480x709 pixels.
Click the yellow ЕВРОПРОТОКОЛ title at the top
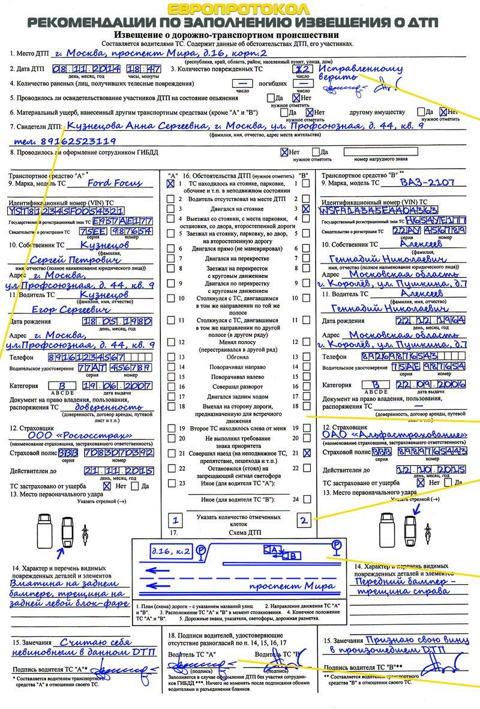[x=238, y=9]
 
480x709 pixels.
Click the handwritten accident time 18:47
[x=143, y=68]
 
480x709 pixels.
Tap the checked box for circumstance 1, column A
[x=170, y=184]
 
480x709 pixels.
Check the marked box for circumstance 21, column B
[x=307, y=454]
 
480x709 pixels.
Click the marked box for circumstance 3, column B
[x=307, y=208]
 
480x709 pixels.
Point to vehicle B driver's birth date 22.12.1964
[x=427, y=321]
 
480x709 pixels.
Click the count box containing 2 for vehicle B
[x=304, y=520]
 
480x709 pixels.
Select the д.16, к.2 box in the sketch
[x=163, y=550]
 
